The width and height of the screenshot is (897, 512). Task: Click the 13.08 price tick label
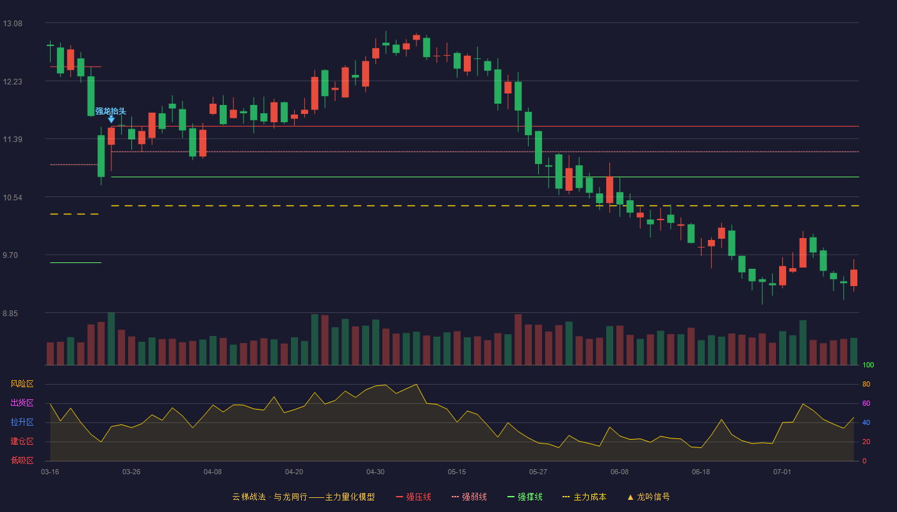click(x=12, y=24)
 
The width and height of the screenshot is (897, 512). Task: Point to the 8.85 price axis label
click(x=10, y=313)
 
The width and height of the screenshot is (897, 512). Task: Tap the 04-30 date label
click(x=375, y=472)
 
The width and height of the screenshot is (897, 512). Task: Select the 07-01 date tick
click(x=782, y=472)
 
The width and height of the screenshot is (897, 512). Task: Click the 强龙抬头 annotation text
click(x=110, y=111)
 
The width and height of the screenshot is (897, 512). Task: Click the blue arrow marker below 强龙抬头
click(x=111, y=119)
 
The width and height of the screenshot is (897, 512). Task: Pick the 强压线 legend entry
click(x=413, y=497)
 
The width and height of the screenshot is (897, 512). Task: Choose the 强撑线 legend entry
click(x=525, y=497)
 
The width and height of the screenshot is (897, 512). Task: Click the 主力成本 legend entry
click(x=584, y=497)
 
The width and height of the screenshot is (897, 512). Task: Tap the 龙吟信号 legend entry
click(x=648, y=497)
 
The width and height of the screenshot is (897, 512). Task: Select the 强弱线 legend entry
click(x=469, y=497)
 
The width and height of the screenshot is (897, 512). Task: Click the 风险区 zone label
click(x=22, y=384)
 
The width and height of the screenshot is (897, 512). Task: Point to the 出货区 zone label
click(x=22, y=403)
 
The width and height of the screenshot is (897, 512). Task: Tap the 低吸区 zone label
click(x=22, y=460)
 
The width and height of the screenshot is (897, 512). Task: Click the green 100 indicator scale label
click(x=868, y=365)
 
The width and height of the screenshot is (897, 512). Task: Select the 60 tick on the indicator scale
click(x=866, y=403)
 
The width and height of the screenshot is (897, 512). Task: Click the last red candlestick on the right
click(x=853, y=278)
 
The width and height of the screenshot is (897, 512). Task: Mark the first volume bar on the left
click(x=50, y=353)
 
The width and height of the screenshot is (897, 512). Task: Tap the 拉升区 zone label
click(x=22, y=422)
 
